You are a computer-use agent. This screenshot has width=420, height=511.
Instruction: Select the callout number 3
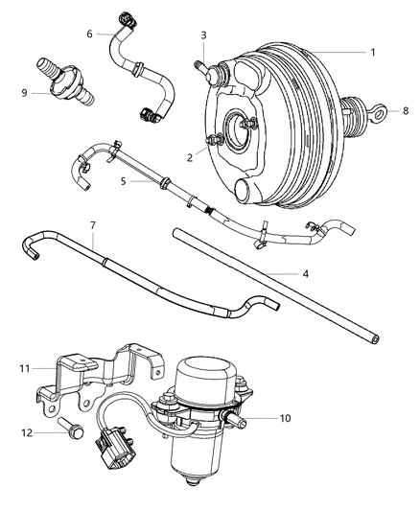pyautogui.click(x=203, y=36)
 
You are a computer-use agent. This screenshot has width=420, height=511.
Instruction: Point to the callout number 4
pyautogui.click(x=305, y=274)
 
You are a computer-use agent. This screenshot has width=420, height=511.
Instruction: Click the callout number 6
pyautogui.click(x=90, y=34)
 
